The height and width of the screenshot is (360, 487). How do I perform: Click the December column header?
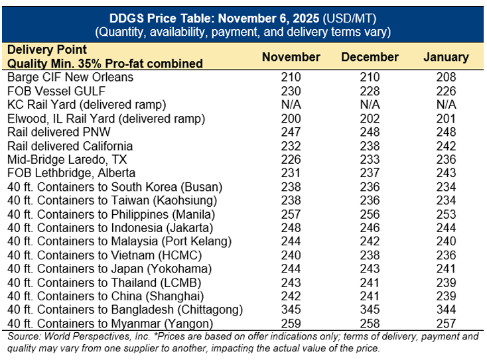point(370,57)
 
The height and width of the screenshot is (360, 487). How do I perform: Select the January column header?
point(446,57)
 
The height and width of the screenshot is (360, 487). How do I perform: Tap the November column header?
point(291,57)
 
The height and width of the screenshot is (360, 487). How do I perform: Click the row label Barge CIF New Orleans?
point(70,78)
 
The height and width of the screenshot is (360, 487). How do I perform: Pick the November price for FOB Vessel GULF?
point(291,91)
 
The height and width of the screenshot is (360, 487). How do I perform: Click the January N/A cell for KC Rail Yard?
point(446,105)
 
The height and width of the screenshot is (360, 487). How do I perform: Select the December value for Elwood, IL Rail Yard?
point(370,119)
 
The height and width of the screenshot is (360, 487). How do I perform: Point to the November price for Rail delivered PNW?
point(291,133)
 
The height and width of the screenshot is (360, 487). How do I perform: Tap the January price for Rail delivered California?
point(446,146)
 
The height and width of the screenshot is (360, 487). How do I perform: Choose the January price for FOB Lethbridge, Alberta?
point(446,174)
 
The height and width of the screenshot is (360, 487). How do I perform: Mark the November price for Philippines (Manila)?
point(291,215)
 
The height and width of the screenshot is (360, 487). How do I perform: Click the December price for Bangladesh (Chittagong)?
point(370,310)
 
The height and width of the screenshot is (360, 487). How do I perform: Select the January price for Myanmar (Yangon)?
point(446,324)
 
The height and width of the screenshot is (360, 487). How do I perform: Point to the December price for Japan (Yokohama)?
point(370,269)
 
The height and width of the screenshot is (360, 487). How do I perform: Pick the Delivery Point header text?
point(46,50)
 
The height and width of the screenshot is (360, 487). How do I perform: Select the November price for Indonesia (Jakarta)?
point(291,228)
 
